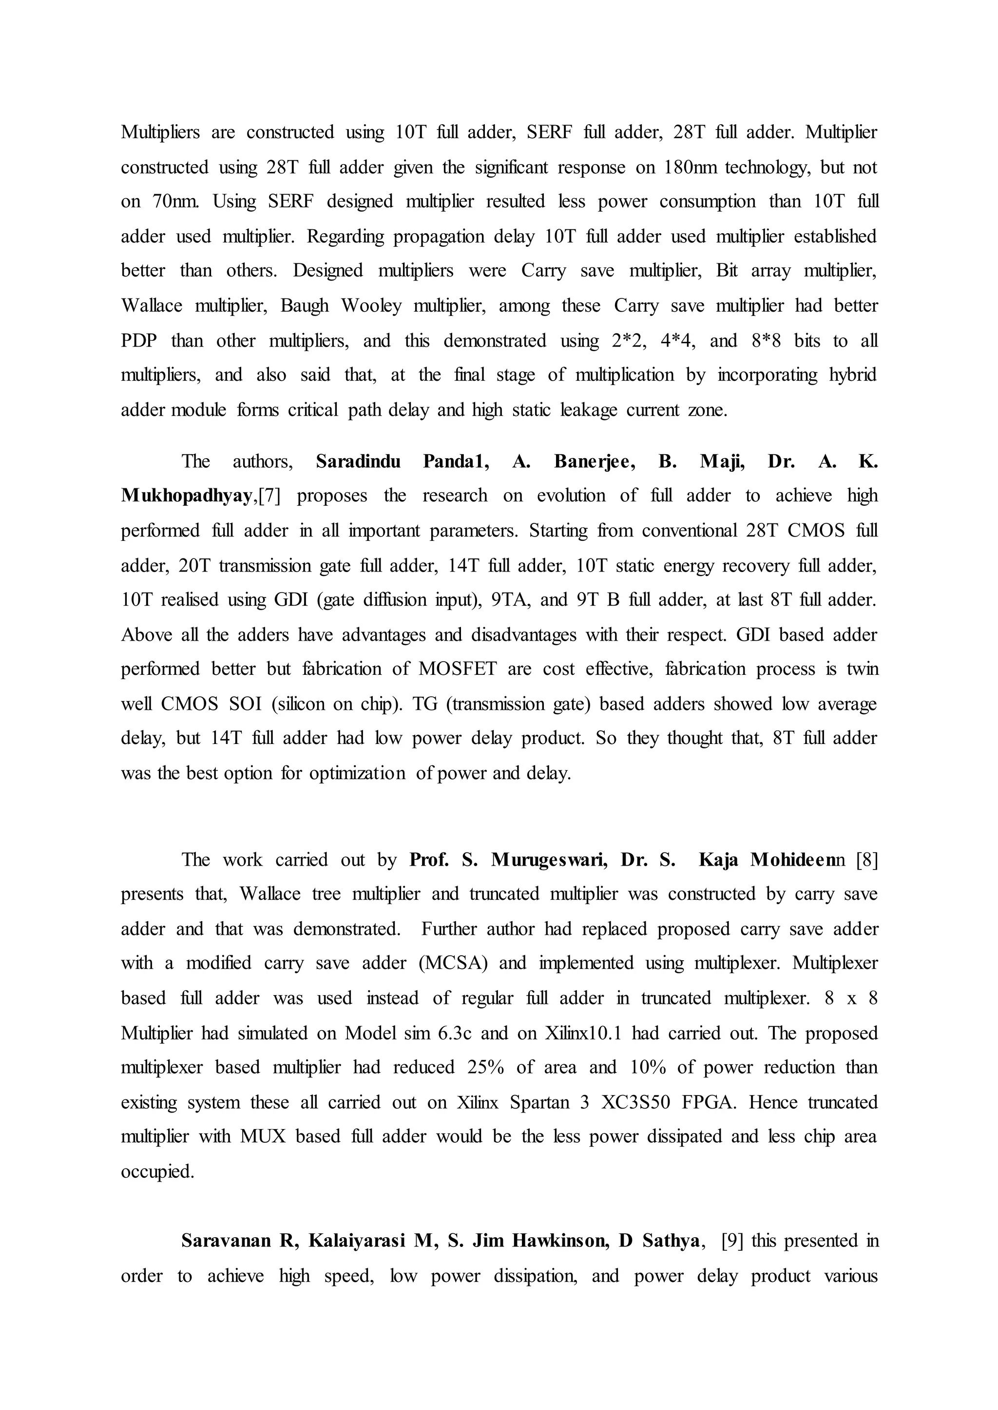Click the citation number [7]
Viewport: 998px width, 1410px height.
(x=269, y=496)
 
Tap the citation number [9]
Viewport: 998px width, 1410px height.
(x=732, y=1241)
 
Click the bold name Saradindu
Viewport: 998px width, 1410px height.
(x=358, y=461)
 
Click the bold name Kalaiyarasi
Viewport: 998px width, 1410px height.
(x=356, y=1241)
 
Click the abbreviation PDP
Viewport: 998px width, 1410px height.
(x=139, y=341)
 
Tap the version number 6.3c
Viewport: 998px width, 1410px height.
(x=454, y=1033)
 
